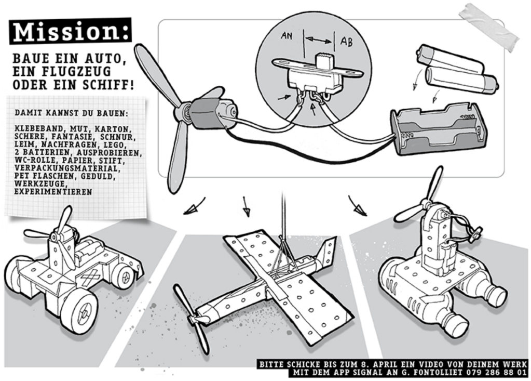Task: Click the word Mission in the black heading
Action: pos(65,32)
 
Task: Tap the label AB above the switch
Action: pos(346,42)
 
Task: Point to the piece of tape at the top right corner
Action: pos(490,27)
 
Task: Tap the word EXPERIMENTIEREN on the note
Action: pos(53,192)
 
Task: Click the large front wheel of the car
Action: pos(79,310)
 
